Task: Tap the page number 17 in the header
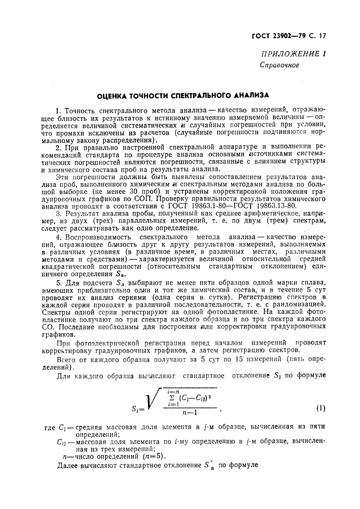pos(322,36)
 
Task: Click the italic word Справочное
pos(279,65)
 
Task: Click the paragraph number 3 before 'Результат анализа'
pos(59,214)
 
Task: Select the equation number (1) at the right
pos(321,408)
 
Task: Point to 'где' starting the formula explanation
pos(49,427)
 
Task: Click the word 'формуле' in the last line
pos(243,465)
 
